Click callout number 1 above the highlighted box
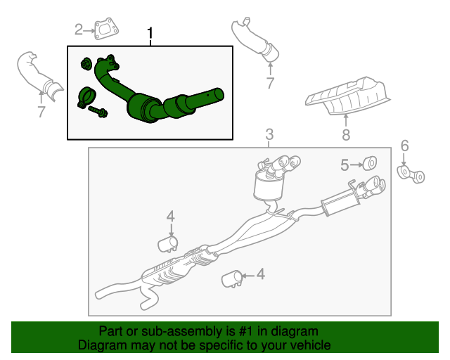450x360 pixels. (150, 34)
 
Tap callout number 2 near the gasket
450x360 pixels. (79, 29)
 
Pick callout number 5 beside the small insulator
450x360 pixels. (345, 165)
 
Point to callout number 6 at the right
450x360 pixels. (404, 146)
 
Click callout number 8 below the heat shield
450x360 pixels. (345, 134)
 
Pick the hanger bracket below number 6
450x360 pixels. (411, 174)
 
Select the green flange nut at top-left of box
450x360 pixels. (86, 64)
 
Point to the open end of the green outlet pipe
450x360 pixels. (219, 94)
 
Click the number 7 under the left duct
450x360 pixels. (41, 111)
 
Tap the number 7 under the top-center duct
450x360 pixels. (269, 84)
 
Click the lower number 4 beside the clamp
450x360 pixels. (260, 274)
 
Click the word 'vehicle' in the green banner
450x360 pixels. (310, 346)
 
